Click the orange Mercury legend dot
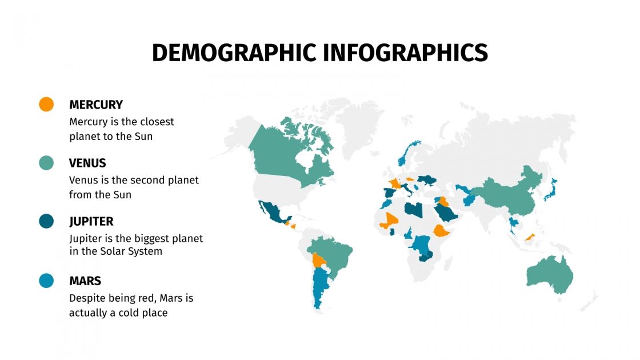(x=46, y=104)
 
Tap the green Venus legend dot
(x=46, y=163)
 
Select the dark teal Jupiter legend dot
(x=46, y=221)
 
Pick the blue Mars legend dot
(x=46, y=281)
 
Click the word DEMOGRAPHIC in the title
(x=234, y=53)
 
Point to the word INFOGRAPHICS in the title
(x=405, y=53)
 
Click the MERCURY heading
(x=96, y=105)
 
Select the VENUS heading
(x=87, y=163)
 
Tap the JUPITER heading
(x=91, y=222)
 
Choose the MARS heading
(x=85, y=281)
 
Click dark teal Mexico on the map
(x=274, y=214)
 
